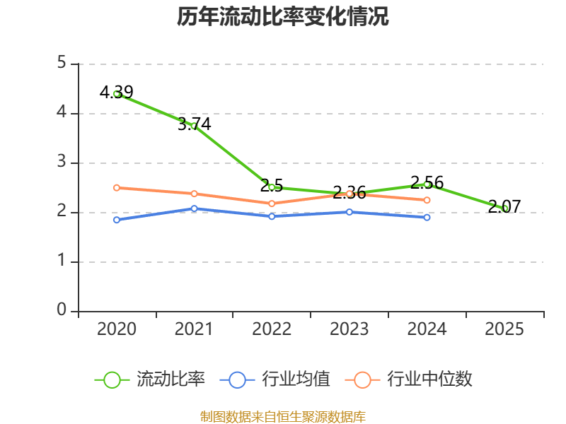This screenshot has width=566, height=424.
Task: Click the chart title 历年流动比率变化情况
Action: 282,16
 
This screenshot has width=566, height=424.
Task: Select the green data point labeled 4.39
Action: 117,94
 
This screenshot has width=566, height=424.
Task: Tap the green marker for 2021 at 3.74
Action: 194,126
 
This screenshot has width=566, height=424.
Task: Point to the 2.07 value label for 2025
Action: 504,206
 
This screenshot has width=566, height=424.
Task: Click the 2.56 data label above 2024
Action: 427,183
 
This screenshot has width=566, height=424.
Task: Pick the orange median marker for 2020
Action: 117,188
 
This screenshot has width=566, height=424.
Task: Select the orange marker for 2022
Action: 272,204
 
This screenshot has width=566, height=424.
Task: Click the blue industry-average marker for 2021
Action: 194,208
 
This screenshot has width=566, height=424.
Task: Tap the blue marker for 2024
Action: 427,218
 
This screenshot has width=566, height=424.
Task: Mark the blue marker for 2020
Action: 117,220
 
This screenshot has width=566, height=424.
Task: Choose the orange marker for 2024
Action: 427,200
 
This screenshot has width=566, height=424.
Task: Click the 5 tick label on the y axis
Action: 62,63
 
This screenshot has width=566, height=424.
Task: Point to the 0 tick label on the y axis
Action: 62,310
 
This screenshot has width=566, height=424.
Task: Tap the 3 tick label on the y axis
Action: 62,162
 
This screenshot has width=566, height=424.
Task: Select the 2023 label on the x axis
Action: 349,329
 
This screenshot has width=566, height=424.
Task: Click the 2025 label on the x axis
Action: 504,329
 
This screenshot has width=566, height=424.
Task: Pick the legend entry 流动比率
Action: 150,379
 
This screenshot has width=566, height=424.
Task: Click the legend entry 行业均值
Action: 275,379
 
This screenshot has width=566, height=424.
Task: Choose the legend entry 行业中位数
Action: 409,379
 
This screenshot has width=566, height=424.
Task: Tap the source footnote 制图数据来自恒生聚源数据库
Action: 283,417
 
